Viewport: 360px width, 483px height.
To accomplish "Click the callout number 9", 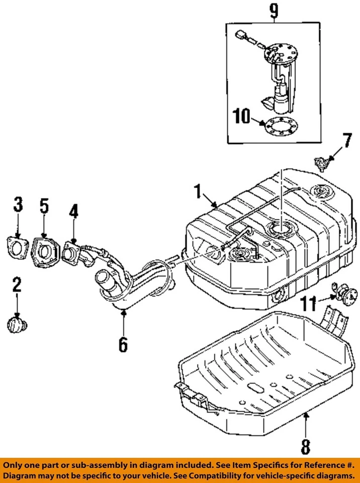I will pos(274,11).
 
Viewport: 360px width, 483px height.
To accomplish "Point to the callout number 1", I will pos(198,192).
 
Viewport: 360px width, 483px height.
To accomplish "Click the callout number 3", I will pos(18,205).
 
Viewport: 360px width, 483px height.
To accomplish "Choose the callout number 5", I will pos(44,206).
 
